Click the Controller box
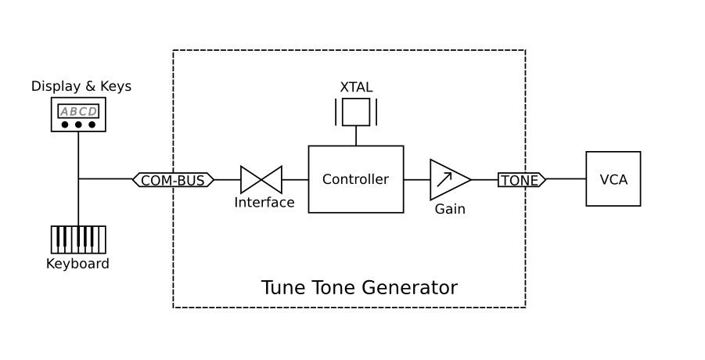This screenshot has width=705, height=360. tap(355, 179)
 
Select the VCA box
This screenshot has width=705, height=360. tap(613, 179)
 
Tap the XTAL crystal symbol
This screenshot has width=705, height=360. tap(356, 112)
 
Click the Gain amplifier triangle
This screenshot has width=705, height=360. tap(448, 179)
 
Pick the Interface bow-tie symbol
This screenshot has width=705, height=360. tap(261, 179)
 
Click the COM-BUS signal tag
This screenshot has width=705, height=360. tap(173, 180)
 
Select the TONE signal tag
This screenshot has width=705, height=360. tap(521, 180)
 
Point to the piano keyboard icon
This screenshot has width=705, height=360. tap(78, 239)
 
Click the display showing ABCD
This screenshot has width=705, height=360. tap(78, 111)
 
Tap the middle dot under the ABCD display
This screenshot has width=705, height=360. tap(78, 124)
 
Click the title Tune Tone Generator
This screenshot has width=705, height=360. tap(358, 288)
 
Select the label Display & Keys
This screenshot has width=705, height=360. tap(81, 86)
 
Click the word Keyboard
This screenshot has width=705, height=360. tap(77, 264)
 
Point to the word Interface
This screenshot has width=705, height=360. tap(264, 203)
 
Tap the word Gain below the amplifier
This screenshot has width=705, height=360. tap(450, 209)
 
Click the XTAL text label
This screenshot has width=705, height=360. tap(356, 87)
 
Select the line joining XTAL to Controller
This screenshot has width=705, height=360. tap(356, 135)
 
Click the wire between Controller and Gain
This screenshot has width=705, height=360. tap(416, 179)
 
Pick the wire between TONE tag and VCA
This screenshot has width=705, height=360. tap(566, 179)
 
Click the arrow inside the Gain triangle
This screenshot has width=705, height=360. tap(444, 179)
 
